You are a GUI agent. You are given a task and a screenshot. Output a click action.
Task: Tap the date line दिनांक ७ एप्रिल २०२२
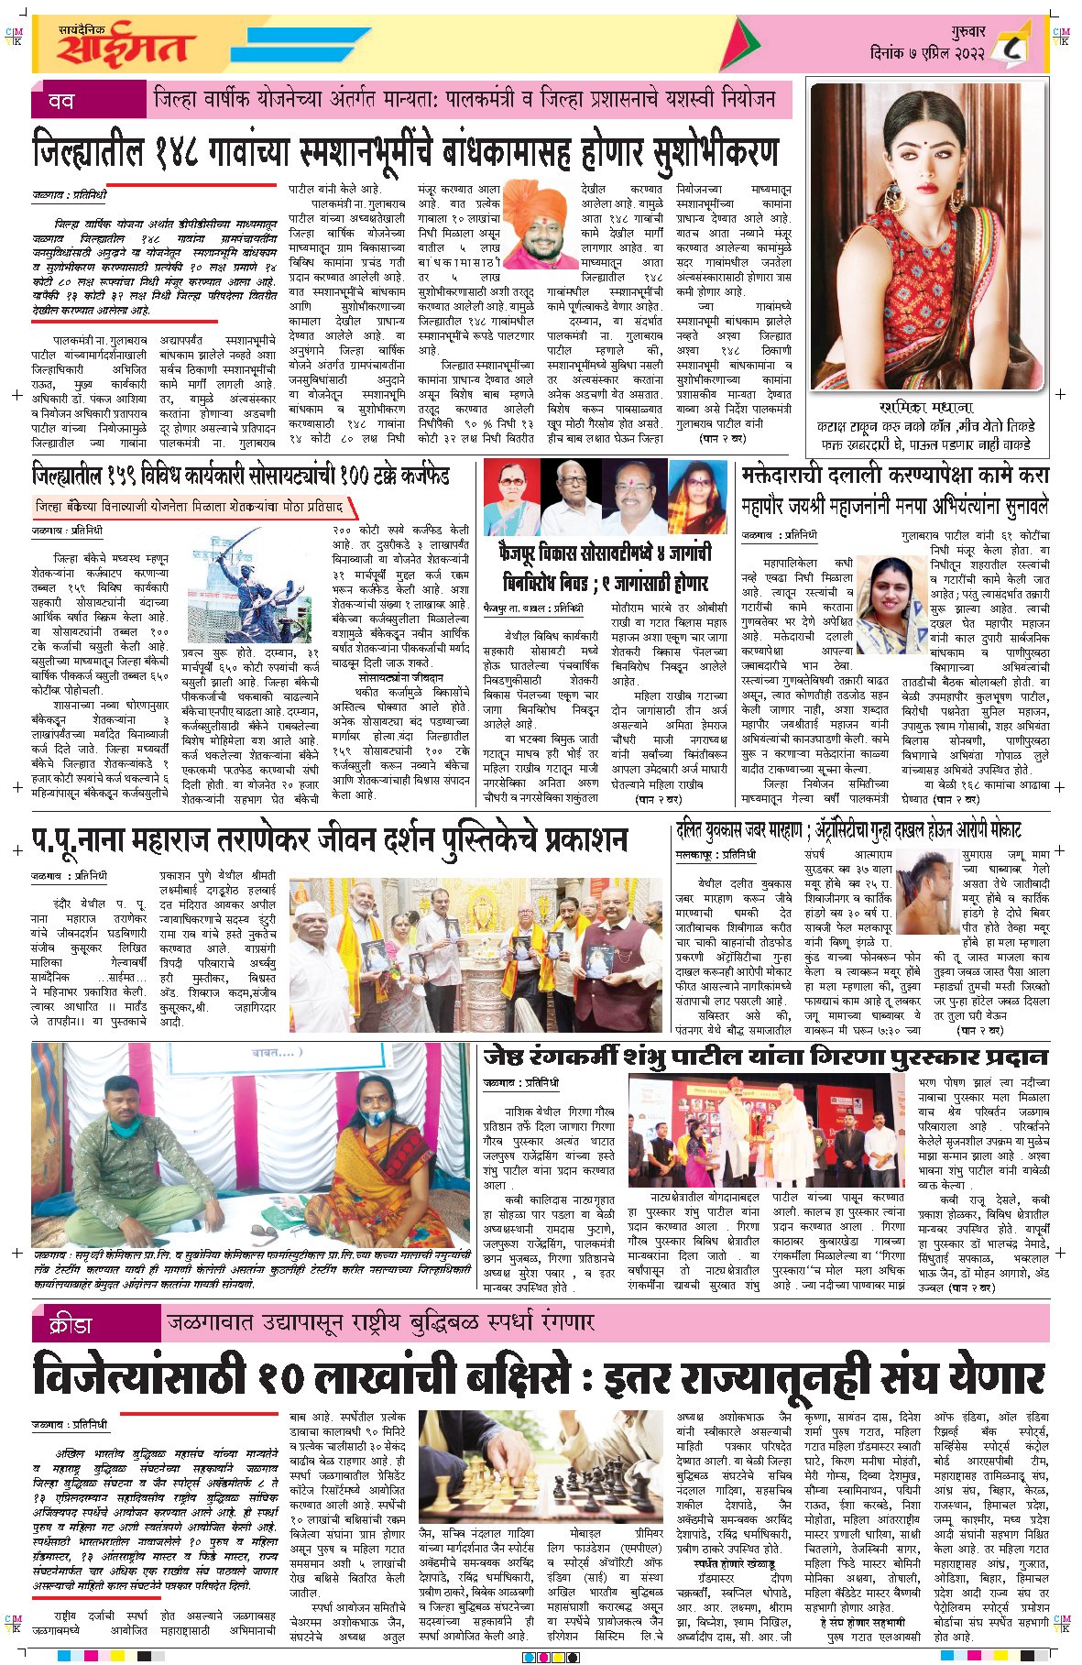[926, 53]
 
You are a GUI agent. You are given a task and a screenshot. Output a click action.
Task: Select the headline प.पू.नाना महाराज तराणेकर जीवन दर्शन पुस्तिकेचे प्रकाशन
[330, 839]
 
